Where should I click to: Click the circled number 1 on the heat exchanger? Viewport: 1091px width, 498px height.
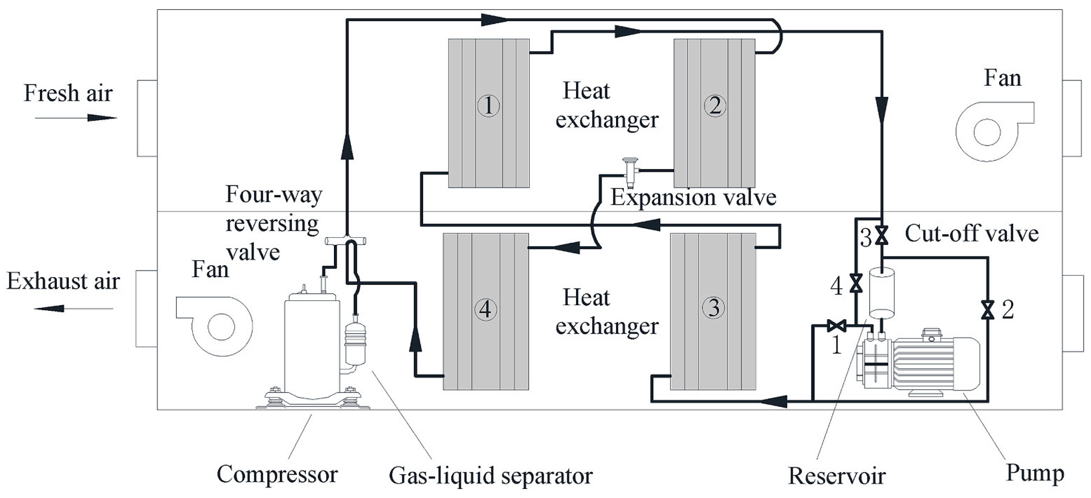tap(488, 106)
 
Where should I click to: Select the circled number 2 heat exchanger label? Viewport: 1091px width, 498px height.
tap(715, 106)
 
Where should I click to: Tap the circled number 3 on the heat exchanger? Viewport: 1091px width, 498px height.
tap(714, 308)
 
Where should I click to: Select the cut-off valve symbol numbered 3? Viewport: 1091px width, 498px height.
tap(882, 235)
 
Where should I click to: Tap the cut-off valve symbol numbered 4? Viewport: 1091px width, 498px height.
tap(856, 283)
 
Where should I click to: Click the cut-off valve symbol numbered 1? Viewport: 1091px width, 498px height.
tap(836, 325)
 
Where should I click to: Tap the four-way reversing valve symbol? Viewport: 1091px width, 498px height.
tap(345, 241)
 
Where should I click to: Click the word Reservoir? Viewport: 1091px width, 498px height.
tap(836, 476)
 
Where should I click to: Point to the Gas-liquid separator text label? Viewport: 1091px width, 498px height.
tap(491, 476)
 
